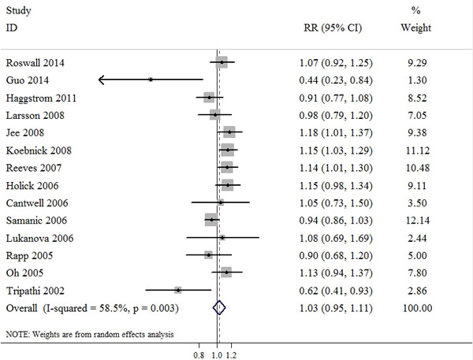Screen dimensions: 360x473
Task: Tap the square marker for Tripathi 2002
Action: [178, 290]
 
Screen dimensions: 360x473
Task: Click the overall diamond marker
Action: [220, 308]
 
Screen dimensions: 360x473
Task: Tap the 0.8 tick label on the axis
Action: [199, 354]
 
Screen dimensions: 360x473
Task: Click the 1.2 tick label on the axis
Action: [231, 354]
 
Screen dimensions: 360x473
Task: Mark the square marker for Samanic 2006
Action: [211, 219]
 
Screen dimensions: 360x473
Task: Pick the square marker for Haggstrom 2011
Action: [209, 97]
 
